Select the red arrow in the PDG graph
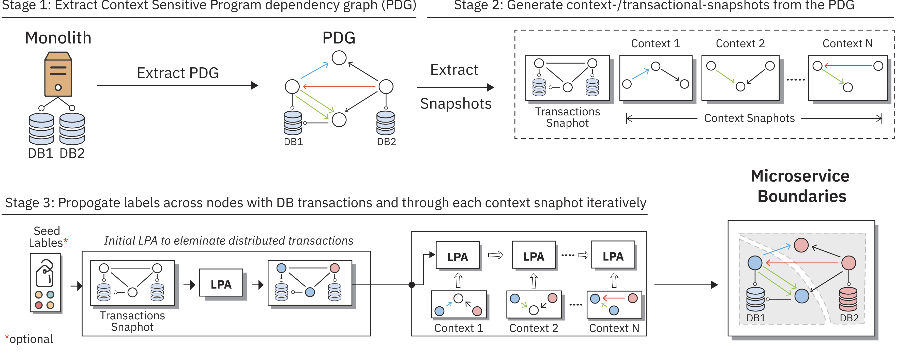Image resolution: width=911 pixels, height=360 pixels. point(339,86)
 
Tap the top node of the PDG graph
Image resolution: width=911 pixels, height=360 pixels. point(339,58)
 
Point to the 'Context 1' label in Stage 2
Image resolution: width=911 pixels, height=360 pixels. point(655,43)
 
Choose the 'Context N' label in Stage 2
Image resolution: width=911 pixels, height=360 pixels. point(847,43)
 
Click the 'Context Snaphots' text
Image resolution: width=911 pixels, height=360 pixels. point(749,118)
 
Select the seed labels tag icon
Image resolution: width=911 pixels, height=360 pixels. point(45,273)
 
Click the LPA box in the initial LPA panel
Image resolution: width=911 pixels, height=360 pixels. point(221,284)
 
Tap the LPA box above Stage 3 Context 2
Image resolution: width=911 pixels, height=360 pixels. point(534,256)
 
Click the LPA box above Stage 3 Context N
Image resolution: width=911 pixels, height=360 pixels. point(613,256)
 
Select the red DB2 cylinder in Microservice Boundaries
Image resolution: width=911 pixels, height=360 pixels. point(848,299)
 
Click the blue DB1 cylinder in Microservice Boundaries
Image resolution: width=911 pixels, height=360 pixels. point(755,299)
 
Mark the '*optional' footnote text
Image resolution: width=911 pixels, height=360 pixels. point(29,339)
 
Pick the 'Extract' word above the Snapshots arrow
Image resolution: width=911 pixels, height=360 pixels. point(454,70)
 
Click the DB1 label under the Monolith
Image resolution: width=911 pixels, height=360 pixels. point(40,153)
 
